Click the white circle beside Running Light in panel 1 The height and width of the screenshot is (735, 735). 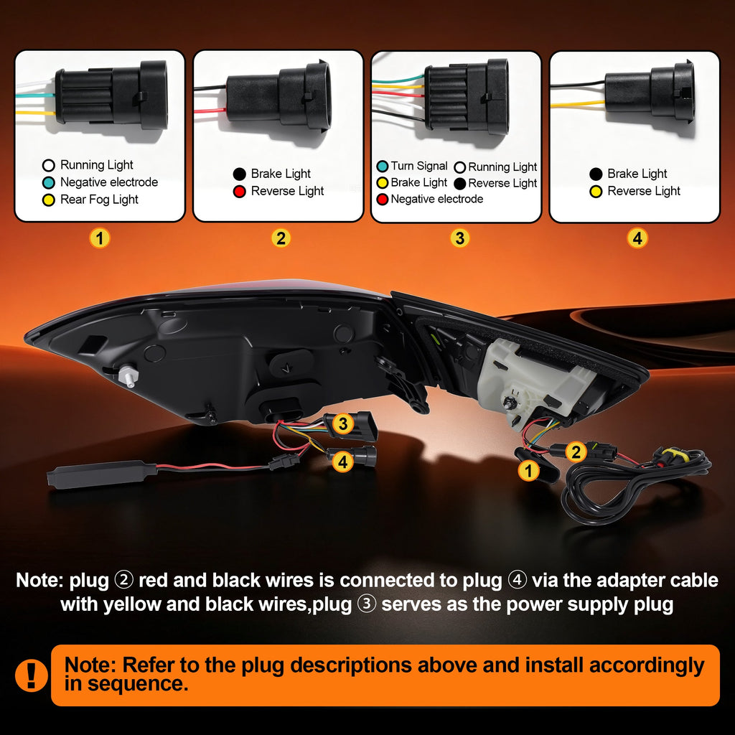point(49,165)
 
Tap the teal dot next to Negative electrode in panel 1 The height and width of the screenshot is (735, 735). point(49,182)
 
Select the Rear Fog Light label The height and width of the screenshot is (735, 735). point(99,200)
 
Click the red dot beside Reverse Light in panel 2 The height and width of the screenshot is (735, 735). point(240,191)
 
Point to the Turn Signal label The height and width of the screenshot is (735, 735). point(419,166)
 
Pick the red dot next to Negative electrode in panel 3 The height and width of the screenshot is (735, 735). point(383,200)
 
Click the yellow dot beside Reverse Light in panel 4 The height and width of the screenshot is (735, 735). point(596,191)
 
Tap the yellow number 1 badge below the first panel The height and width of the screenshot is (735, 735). point(99,238)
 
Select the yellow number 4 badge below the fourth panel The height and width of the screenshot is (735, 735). point(637,238)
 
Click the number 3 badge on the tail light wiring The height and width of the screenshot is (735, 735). point(343,423)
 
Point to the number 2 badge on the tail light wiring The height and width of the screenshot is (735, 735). point(576,452)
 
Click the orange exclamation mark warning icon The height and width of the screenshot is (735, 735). point(32,675)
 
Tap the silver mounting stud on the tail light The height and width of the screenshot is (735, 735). point(128,376)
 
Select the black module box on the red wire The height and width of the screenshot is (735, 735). point(101,474)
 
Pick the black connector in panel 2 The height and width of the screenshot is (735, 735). point(279,97)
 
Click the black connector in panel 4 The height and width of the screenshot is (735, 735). point(650,93)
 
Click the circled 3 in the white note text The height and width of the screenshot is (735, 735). point(367,604)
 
